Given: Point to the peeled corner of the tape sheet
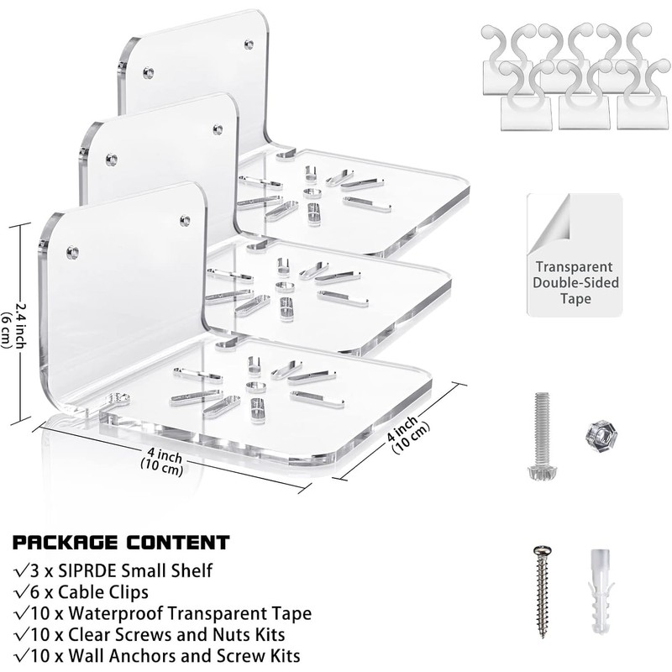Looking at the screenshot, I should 545,218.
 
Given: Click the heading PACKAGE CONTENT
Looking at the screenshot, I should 121,543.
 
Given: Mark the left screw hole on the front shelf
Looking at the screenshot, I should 71,251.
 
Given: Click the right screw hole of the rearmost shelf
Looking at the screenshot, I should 249,42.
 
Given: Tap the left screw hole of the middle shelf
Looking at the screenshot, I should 110,160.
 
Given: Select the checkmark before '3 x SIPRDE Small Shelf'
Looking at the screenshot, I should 19,571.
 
